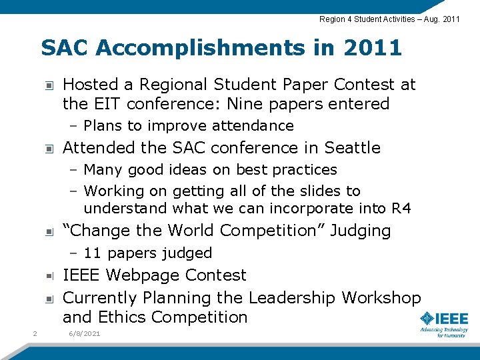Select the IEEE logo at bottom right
coord(444,323)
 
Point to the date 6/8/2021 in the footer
coord(84,333)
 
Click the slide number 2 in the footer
coord(34,333)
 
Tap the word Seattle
coord(352,147)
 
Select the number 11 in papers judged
coord(93,253)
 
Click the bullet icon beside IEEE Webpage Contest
coord(49,276)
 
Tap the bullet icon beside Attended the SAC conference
coord(49,148)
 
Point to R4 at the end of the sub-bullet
coord(401,208)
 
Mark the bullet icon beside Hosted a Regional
coord(49,85)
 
